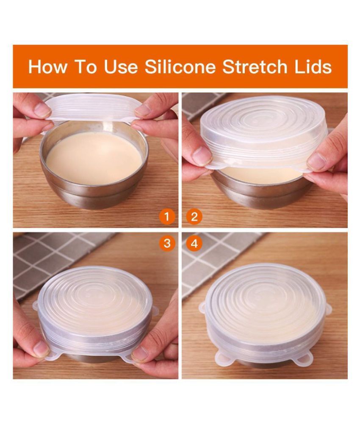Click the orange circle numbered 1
(167, 217)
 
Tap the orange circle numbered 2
(194, 217)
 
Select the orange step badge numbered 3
(167, 243)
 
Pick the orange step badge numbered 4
(194, 243)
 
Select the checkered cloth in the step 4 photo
(220, 254)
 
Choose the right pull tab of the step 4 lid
(328, 309)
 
